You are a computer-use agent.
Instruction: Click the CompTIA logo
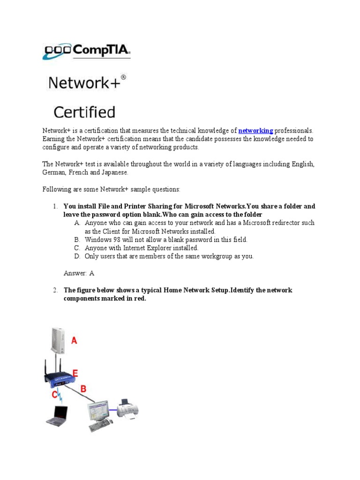87,52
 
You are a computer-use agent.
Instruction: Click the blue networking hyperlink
255,131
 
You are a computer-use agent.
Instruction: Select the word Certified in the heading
84,112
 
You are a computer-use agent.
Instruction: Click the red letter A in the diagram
74,341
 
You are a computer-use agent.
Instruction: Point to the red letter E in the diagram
75,374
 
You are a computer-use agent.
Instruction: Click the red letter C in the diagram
54,395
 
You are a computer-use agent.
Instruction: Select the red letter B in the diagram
83,388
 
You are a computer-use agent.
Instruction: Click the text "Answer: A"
79,273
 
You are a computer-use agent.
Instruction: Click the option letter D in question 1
77,256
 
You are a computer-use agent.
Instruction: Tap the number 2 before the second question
55,290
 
